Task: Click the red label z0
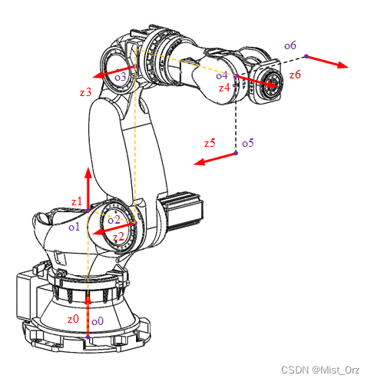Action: pyautogui.click(x=73, y=319)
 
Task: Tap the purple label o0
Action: pyautogui.click(x=98, y=321)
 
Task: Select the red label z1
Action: pyautogui.click(x=77, y=201)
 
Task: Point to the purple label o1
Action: pyautogui.click(x=75, y=227)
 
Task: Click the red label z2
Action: pyautogui.click(x=118, y=237)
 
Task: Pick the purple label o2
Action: pyautogui.click(x=114, y=220)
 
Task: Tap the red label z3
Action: pyautogui.click(x=85, y=92)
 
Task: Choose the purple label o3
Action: pyautogui.click(x=121, y=77)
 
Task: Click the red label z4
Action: pyautogui.click(x=224, y=88)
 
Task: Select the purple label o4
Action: pyautogui.click(x=222, y=75)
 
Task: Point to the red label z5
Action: pyautogui.click(x=210, y=143)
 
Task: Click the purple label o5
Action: pyautogui.click(x=248, y=143)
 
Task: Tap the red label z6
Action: pyautogui.click(x=295, y=75)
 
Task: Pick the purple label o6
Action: pyautogui.click(x=290, y=45)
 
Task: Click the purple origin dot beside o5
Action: pyautogui.click(x=236, y=153)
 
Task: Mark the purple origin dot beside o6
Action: pyautogui.click(x=306, y=56)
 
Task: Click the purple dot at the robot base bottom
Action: pyautogui.click(x=88, y=337)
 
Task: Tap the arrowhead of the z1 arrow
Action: pyautogui.click(x=88, y=173)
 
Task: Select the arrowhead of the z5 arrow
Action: pyautogui.click(x=199, y=162)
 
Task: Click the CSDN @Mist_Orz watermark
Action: pyautogui.click(x=320, y=370)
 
